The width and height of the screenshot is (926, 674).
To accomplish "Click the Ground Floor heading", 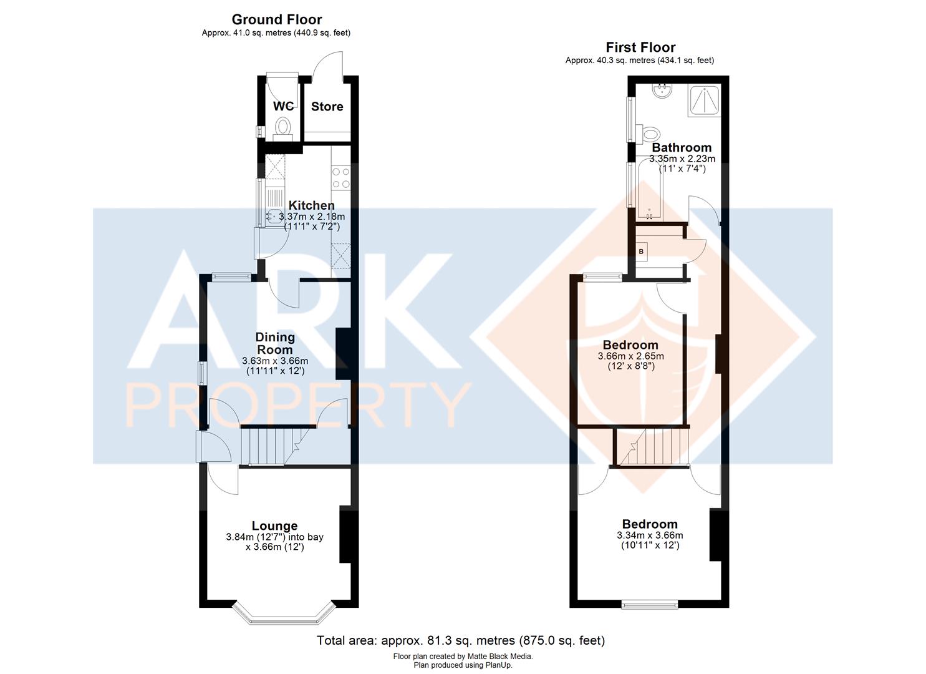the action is [277, 19].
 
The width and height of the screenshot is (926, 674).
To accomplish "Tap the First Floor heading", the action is [640, 47].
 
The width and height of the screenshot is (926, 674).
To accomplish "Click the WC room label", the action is [283, 106].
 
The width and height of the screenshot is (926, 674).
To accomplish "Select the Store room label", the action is [327, 107].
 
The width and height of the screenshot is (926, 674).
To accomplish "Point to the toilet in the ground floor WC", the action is [283, 129].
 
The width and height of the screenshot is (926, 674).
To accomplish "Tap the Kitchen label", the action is [311, 205].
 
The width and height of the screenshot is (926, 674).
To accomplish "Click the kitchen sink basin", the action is [273, 217].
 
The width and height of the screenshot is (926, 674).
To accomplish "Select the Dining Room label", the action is [275, 343].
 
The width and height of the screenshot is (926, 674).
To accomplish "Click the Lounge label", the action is [275, 525].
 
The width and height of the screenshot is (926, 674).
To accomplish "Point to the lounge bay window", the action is [283, 615].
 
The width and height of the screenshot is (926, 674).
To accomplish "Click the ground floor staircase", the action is [275, 446].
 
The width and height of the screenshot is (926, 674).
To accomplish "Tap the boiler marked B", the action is [641, 251].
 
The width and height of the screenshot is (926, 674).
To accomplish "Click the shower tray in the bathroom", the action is [704, 100].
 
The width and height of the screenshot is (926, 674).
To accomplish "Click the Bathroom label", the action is [682, 147].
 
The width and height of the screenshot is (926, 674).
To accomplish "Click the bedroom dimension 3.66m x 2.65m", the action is [631, 356].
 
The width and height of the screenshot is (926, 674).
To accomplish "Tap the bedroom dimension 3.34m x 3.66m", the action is [650, 535].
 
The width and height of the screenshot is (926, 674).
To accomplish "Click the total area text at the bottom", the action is [461, 640].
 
